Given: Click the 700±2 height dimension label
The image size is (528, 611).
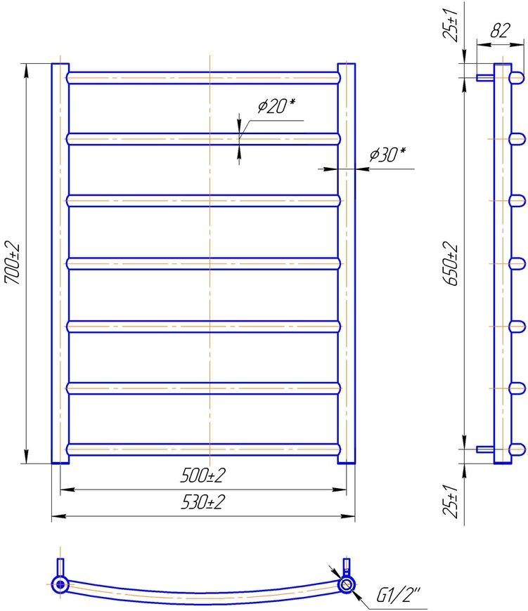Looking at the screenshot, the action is tap(11, 263).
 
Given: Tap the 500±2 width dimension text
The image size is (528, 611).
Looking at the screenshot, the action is tap(202, 475).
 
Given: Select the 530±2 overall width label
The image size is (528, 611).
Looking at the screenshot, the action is tap(202, 502).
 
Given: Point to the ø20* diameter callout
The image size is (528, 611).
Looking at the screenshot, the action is tap(276, 105).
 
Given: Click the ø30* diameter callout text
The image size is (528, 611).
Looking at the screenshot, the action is tap(387, 155).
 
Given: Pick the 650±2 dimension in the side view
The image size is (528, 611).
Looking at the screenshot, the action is tap(451, 263).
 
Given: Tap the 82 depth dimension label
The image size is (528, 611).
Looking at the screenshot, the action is tap(501, 30).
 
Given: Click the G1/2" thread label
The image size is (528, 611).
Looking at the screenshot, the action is tap(398, 595).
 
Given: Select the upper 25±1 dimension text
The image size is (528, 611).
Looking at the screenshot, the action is tap(451, 25).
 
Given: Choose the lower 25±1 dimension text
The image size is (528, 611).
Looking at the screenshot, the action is tap(451, 501).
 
